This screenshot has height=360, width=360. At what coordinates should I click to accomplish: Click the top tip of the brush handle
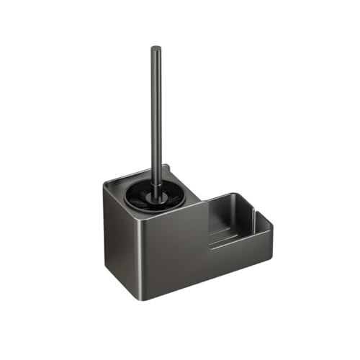pyautogui.click(x=156, y=48)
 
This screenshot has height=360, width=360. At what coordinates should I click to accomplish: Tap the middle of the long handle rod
pyautogui.click(x=156, y=115)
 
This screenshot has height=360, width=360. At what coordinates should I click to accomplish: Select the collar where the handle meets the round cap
pyautogui.click(x=156, y=189)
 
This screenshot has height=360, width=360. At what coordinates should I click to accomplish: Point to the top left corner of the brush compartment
pyautogui.click(x=105, y=185)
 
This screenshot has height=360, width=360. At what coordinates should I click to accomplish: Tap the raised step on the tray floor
pyautogui.click(x=220, y=234)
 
